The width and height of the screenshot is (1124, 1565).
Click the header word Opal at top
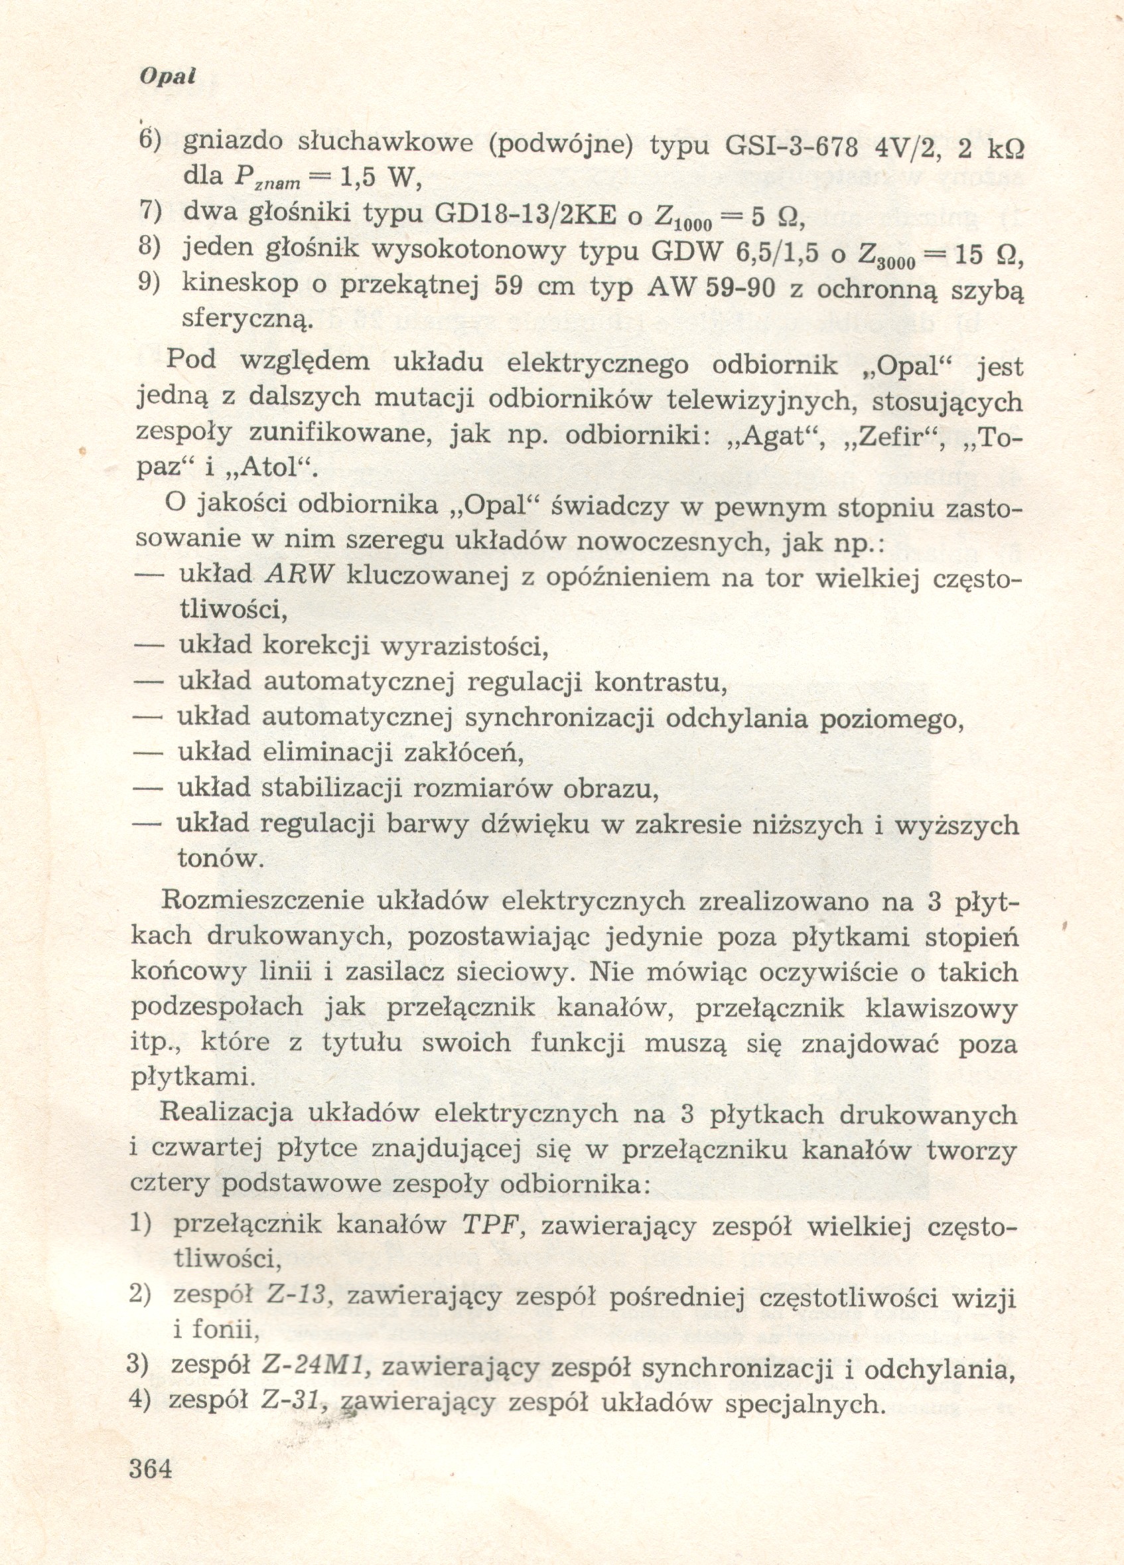pyautogui.click(x=168, y=76)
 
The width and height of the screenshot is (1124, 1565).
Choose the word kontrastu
pyautogui.click(x=660, y=682)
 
